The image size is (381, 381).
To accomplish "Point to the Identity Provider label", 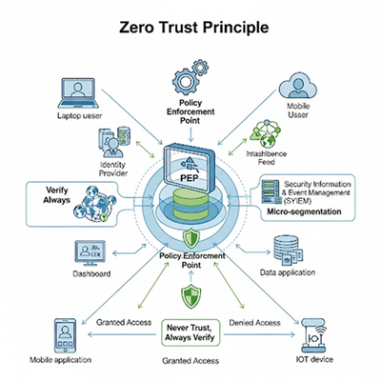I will [x=112, y=169].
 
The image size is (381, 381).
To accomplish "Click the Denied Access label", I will [x=254, y=323].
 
